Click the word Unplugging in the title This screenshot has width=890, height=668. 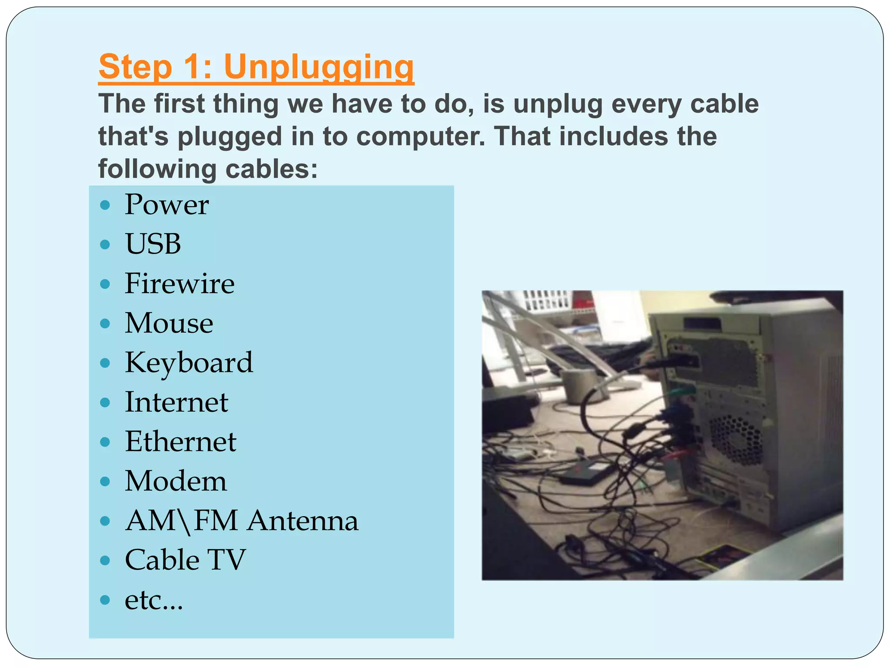click(319, 67)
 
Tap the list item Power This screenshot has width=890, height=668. click(166, 204)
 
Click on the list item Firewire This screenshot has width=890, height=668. click(179, 284)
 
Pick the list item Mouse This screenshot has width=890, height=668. click(169, 323)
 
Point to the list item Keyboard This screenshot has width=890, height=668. click(189, 363)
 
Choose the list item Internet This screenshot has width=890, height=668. click(176, 402)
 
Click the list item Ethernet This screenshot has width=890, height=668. click(180, 442)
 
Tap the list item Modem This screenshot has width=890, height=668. click(176, 481)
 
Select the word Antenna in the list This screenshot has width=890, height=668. click(303, 521)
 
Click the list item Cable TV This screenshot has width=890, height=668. click(185, 560)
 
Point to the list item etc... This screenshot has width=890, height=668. click(154, 600)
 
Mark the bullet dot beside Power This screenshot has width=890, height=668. click(105, 205)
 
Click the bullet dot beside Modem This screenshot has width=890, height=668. click(105, 482)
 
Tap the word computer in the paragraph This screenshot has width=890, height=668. click(420, 136)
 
